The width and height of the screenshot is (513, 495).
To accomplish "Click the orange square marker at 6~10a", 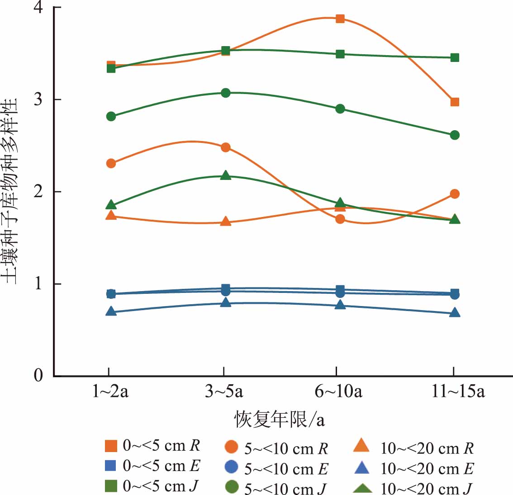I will pos(340,19).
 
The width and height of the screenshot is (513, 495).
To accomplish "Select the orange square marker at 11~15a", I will pos(455,102).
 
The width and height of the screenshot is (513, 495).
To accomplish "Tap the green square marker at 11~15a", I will pos(455,57).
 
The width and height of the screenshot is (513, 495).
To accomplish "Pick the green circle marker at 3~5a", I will pos(226,93).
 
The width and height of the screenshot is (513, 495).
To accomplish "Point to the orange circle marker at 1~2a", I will pos(111,163).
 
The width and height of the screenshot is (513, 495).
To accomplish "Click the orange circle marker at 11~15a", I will pos(455,194).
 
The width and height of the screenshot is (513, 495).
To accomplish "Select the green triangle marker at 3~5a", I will pos(226,175).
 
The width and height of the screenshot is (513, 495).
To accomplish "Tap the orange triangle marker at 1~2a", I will pos(111,215).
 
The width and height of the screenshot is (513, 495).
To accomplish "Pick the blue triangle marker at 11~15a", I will pos(455,312).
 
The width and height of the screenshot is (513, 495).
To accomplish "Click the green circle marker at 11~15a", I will pos(455,135).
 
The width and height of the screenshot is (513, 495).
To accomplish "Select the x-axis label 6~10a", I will pos(338,391).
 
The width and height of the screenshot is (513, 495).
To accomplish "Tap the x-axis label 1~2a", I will pos(110,391).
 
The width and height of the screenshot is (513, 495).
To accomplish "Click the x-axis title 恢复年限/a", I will pos(279,420).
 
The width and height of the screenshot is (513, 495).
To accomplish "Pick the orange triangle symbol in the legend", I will pos(361,446).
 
